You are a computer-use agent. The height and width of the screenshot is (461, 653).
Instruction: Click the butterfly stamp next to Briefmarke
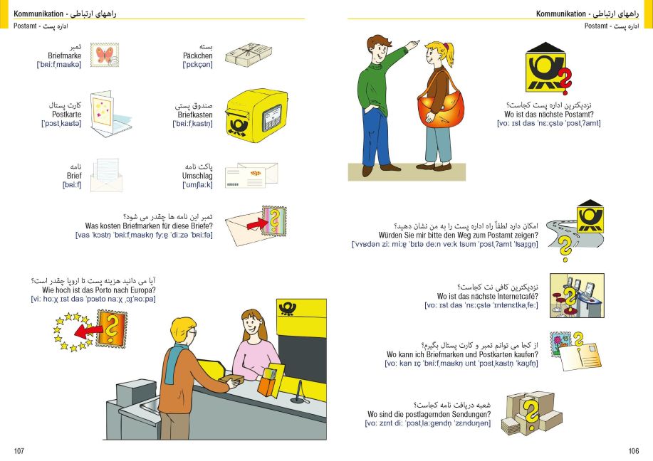pyautogui.click(x=105, y=55)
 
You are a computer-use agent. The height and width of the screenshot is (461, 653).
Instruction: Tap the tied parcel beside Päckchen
pyautogui.click(x=249, y=53)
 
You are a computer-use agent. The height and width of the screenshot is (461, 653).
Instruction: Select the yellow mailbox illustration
pyautogui.click(x=256, y=115)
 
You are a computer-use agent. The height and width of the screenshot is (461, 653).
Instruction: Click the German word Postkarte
pyautogui.click(x=67, y=114)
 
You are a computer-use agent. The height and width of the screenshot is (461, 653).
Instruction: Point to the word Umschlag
pyautogui.click(x=197, y=176)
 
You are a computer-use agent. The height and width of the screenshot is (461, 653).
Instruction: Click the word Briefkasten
pyautogui.click(x=195, y=115)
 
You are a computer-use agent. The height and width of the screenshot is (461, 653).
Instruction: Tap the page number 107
pyautogui.click(x=19, y=450)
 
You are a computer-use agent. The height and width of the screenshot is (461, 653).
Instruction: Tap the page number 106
pyautogui.click(x=634, y=450)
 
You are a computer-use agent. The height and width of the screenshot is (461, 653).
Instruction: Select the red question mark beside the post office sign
pyautogui.click(x=565, y=82)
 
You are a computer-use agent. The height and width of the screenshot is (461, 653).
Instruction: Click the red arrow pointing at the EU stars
pyautogui.click(x=88, y=332)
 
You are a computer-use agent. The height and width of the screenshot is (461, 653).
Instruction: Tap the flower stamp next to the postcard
pyautogui.click(x=560, y=343)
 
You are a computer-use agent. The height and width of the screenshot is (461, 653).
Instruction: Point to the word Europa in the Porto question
pyautogui.click(x=143, y=290)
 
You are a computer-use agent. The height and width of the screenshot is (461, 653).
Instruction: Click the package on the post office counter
pyautogui.click(x=231, y=381)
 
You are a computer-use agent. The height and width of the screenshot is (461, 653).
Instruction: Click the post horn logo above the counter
pyautogui.click(x=288, y=308)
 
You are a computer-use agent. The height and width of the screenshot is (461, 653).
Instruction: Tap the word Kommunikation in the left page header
pyautogui.click(x=38, y=14)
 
